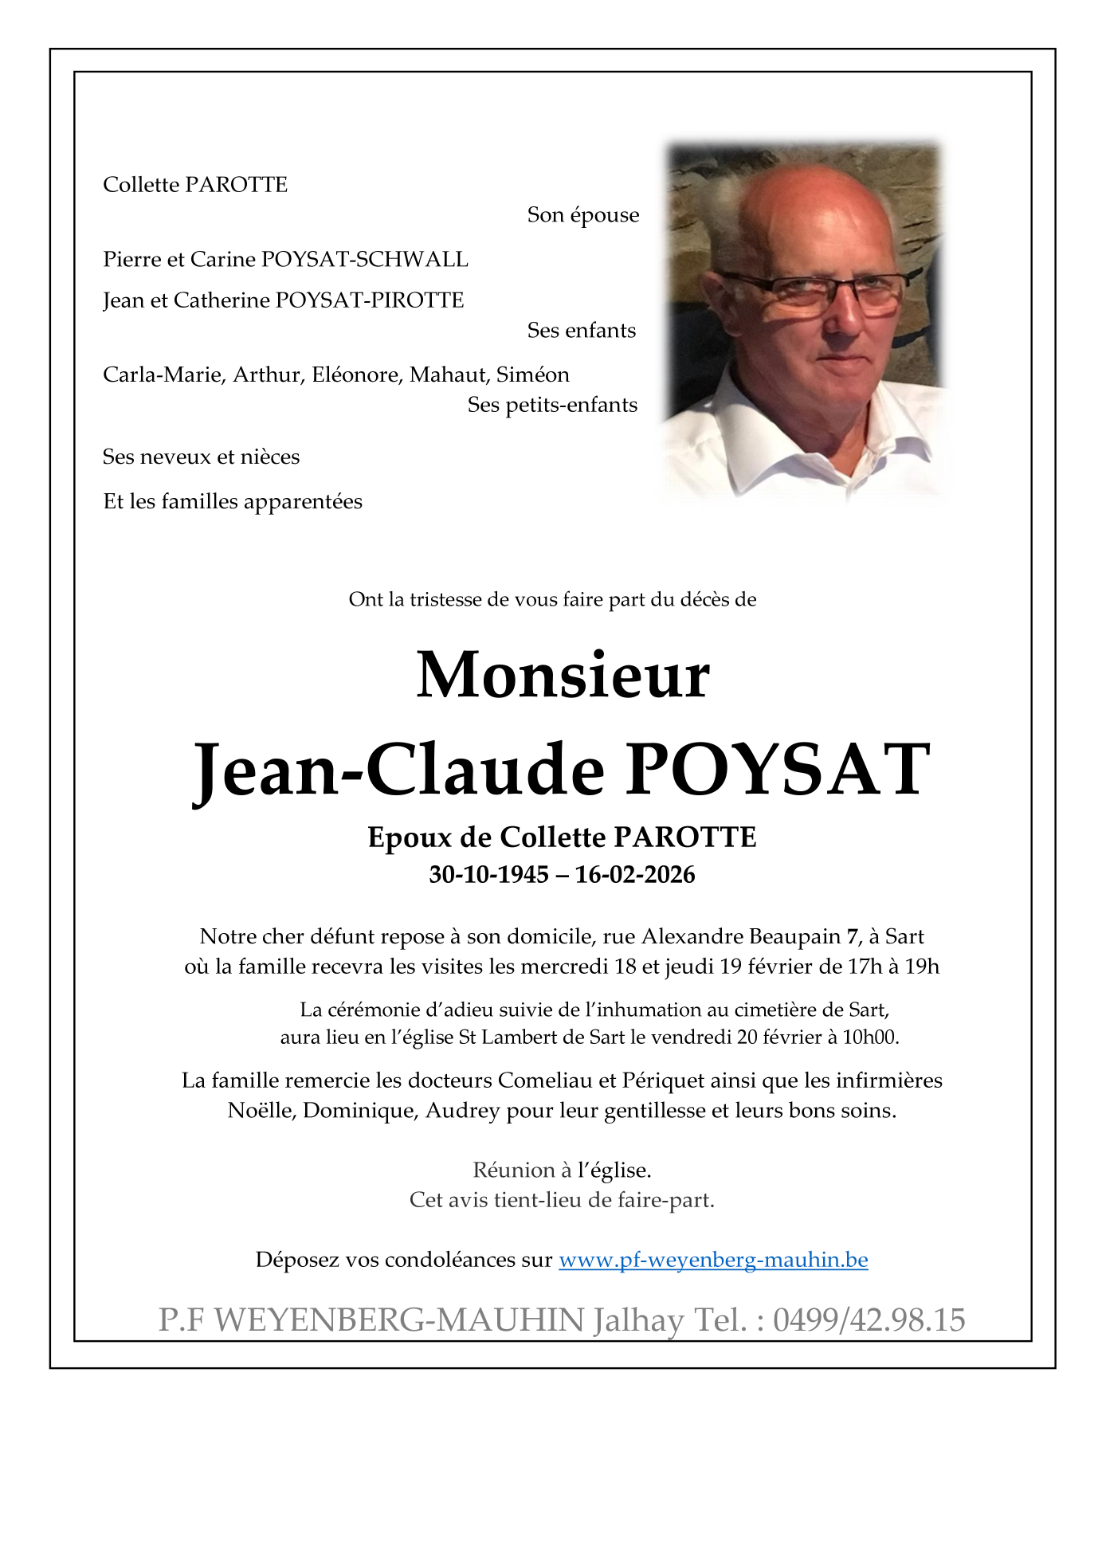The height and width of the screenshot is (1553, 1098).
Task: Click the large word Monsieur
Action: (x=563, y=676)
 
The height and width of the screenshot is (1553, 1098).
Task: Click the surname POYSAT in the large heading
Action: (x=778, y=770)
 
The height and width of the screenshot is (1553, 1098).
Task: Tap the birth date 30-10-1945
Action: (x=488, y=874)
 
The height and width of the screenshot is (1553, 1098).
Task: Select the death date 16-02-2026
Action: (x=635, y=874)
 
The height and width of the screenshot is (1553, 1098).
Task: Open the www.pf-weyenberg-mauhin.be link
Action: (x=713, y=1260)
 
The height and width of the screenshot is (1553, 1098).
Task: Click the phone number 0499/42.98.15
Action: (x=869, y=1320)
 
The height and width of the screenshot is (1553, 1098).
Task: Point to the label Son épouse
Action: (x=582, y=215)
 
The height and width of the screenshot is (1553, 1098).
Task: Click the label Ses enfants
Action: (x=581, y=331)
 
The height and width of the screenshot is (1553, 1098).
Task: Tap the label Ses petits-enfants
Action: (x=552, y=405)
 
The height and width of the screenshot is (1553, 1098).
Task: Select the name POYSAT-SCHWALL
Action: (x=365, y=260)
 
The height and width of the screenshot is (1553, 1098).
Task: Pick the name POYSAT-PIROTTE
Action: (x=370, y=300)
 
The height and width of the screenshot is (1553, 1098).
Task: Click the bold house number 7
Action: (x=853, y=936)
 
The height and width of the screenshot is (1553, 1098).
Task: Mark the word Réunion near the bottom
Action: (x=513, y=1171)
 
